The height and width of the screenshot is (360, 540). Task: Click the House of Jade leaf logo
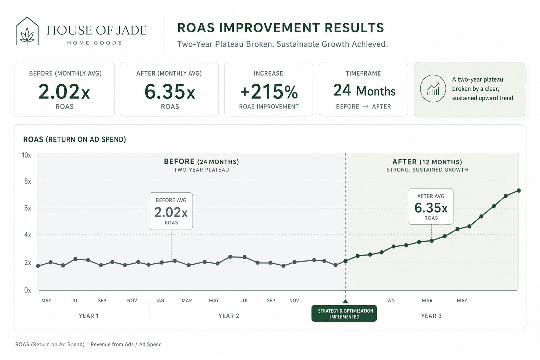pyautogui.click(x=27, y=31)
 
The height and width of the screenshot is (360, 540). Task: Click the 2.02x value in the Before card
pyautogui.click(x=64, y=92)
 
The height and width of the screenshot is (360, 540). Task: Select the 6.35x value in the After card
pyautogui.click(x=169, y=92)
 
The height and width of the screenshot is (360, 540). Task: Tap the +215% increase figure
pyautogui.click(x=269, y=92)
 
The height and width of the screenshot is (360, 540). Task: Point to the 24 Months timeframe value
pyautogui.click(x=364, y=90)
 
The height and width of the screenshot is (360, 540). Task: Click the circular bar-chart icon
pyautogui.click(x=433, y=89)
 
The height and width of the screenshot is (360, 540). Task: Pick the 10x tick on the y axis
pyautogui.click(x=26, y=155)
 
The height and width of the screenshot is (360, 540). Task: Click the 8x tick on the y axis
pyautogui.click(x=27, y=181)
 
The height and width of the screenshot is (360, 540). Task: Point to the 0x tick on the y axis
pyautogui.click(x=27, y=290)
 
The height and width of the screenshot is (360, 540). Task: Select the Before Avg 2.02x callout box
pyautogui.click(x=171, y=211)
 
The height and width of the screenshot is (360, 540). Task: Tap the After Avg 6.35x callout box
pyautogui.click(x=431, y=206)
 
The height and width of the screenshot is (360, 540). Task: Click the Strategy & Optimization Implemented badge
pyautogui.click(x=344, y=314)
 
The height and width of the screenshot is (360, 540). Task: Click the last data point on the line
pyautogui.click(x=519, y=191)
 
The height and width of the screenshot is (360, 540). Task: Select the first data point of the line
pyautogui.click(x=38, y=266)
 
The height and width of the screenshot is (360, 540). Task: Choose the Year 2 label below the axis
pyautogui.click(x=229, y=316)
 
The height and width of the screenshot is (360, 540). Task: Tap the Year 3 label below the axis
pyautogui.click(x=431, y=316)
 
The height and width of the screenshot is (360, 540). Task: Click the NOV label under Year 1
pyautogui.click(x=132, y=301)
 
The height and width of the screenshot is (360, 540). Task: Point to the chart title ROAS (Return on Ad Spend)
pyautogui.click(x=75, y=139)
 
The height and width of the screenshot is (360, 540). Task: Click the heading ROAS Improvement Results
pyautogui.click(x=280, y=27)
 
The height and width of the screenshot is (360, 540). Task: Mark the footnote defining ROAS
pyautogui.click(x=89, y=344)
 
